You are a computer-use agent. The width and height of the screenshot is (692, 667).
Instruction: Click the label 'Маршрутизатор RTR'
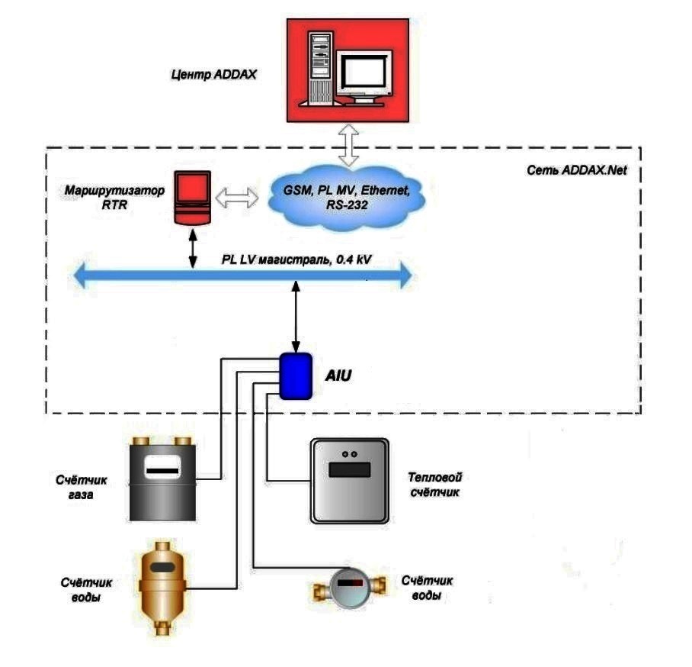coord(114,195)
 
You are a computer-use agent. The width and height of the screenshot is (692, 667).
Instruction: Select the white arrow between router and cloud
coord(238,198)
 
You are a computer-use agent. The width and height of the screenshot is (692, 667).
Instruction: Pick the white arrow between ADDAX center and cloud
coord(348,146)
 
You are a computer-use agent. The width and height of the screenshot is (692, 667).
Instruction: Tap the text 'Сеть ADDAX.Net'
coord(576,170)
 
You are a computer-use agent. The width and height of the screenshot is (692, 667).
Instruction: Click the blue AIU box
coord(295,375)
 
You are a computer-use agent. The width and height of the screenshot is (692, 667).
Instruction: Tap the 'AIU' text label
coord(338,375)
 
